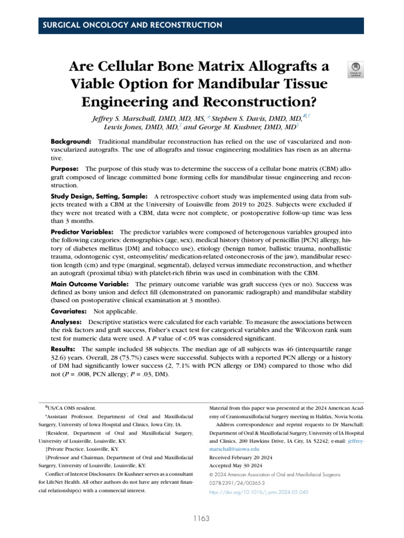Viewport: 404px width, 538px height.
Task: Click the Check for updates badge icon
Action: [x=356, y=69]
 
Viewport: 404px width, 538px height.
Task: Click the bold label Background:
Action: [x=70, y=142]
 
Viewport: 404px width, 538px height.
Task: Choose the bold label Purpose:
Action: [x=65, y=169]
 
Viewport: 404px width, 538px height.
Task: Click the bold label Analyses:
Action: [x=66, y=321]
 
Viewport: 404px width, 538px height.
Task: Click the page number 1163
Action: [x=201, y=519]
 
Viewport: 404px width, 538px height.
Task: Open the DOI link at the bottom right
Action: [x=259, y=492]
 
